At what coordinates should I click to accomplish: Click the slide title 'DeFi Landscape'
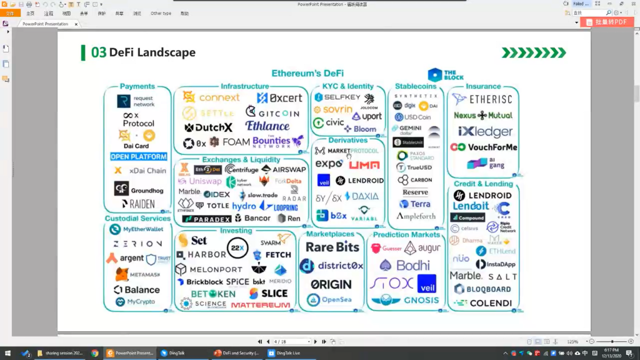click(152, 52)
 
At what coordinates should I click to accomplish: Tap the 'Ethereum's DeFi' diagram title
click(307, 74)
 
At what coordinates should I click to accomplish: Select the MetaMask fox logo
click(122, 274)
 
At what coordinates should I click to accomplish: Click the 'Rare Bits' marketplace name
click(332, 247)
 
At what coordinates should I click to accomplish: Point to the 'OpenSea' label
click(337, 300)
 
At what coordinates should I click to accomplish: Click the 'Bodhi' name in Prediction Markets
click(412, 266)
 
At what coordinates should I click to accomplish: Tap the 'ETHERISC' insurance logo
click(490, 99)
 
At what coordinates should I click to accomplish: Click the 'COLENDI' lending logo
click(489, 303)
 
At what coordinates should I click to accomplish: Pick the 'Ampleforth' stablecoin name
click(416, 216)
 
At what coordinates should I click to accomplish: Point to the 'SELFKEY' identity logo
click(341, 98)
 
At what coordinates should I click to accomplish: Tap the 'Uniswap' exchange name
click(205, 181)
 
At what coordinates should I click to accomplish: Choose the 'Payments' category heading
click(137, 86)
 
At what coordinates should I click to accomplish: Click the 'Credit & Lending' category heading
click(483, 184)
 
